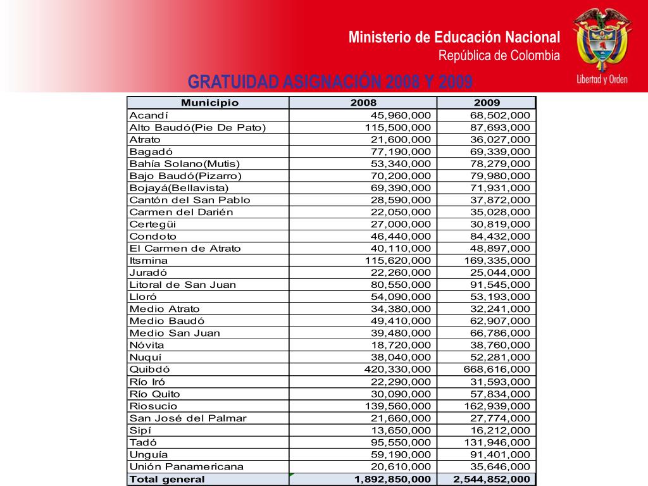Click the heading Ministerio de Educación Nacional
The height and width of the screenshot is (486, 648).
click(x=454, y=37)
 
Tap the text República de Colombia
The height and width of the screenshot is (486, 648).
click(x=499, y=56)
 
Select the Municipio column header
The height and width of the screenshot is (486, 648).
click(x=209, y=103)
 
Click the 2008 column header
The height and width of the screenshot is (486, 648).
click(x=363, y=103)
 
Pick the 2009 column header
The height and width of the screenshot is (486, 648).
click(x=487, y=103)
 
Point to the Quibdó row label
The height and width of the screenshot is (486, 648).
click(x=149, y=369)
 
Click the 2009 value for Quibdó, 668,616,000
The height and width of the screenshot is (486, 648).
click(x=497, y=369)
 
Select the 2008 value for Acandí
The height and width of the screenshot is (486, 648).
click(x=401, y=115)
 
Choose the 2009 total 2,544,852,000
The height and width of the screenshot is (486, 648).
click(x=492, y=479)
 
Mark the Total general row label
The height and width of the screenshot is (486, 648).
click(x=167, y=479)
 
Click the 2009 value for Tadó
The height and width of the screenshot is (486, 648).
click(x=497, y=442)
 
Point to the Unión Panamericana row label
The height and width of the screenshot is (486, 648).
click(x=186, y=466)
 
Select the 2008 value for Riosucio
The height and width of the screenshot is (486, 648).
click(x=398, y=406)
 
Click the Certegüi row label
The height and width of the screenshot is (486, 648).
click(x=153, y=224)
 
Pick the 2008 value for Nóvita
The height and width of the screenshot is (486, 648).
click(x=401, y=345)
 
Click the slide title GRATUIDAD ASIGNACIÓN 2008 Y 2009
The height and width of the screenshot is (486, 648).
click(x=330, y=82)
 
